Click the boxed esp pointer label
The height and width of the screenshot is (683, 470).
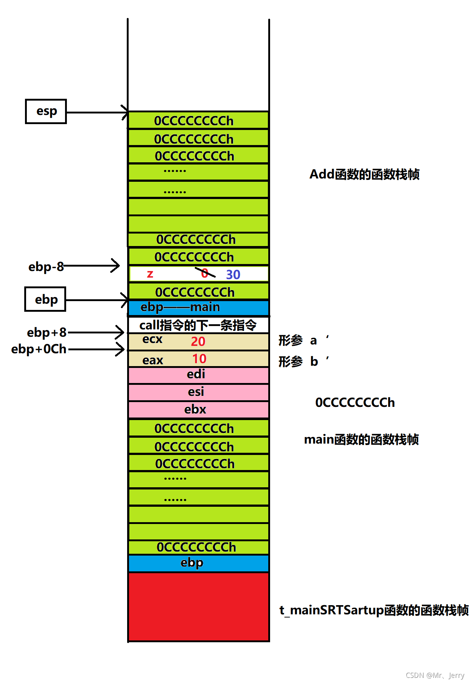46,111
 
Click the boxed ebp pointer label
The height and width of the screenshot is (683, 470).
45,299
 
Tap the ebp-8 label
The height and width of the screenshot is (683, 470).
46,267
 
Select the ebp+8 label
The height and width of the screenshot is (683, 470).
47,332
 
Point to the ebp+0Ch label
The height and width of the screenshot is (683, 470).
39,349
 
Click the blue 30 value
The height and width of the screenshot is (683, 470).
233,275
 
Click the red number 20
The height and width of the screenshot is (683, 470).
198,341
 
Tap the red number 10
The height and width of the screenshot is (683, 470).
200,359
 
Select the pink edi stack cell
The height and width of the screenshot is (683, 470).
198,375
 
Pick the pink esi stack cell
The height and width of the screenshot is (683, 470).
198,393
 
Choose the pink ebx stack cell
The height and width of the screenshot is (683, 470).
198,410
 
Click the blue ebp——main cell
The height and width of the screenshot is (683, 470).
198,308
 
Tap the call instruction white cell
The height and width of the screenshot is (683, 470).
198,325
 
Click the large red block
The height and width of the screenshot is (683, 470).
198,607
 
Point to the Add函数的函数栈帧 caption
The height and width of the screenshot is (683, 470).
365,174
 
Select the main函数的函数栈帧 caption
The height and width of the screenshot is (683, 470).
362,439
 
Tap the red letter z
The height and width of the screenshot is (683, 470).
150,274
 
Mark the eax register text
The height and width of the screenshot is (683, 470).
153,360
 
